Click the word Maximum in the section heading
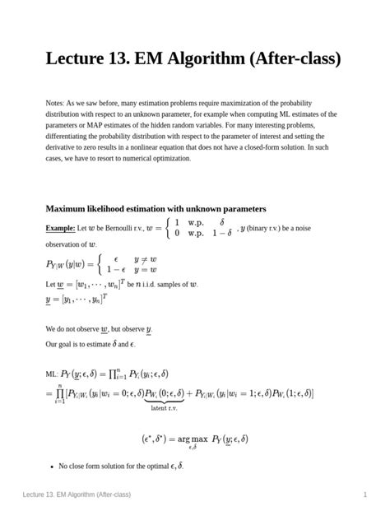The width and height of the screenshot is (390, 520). [70, 209]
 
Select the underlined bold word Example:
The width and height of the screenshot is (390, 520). [60, 227]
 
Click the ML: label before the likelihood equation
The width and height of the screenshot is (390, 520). [52, 374]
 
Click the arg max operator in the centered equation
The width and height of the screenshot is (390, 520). [192, 439]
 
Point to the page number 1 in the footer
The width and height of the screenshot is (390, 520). [364, 494]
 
